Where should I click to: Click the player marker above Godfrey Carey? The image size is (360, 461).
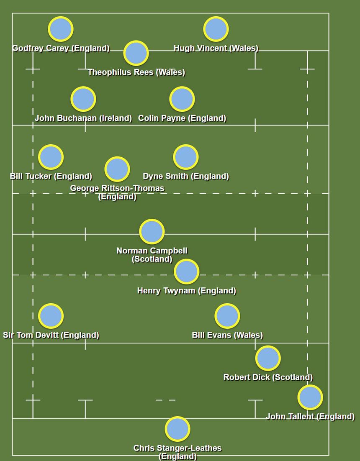[x=61, y=29]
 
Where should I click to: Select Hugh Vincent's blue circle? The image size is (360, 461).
[x=216, y=29]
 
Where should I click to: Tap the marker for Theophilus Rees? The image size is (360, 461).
[x=136, y=53]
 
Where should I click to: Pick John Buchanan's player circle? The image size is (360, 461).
[x=83, y=99]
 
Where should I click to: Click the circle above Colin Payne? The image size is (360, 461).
[x=182, y=99]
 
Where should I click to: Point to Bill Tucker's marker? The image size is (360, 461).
[x=51, y=157]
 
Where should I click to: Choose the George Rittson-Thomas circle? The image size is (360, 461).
[x=117, y=169]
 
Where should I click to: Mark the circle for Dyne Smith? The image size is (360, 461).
[x=186, y=157]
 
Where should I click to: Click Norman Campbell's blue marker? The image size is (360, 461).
[x=152, y=231]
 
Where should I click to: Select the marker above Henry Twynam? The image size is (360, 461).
[x=187, y=271]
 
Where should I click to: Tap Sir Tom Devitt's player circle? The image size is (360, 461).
[x=51, y=316]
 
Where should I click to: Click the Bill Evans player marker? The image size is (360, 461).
[x=227, y=316]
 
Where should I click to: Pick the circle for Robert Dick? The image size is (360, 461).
[x=268, y=358]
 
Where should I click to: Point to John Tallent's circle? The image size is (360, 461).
[x=310, y=397]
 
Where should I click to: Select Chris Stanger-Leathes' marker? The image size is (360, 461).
[x=177, y=429]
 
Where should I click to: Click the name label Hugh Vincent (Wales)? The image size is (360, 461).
[x=216, y=48]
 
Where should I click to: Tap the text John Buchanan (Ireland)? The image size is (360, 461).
[x=83, y=118]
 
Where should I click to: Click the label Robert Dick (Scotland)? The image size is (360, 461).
[x=268, y=377]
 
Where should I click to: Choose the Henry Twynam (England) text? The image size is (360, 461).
[x=187, y=291]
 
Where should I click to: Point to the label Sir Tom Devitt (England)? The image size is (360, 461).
[x=51, y=335]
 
